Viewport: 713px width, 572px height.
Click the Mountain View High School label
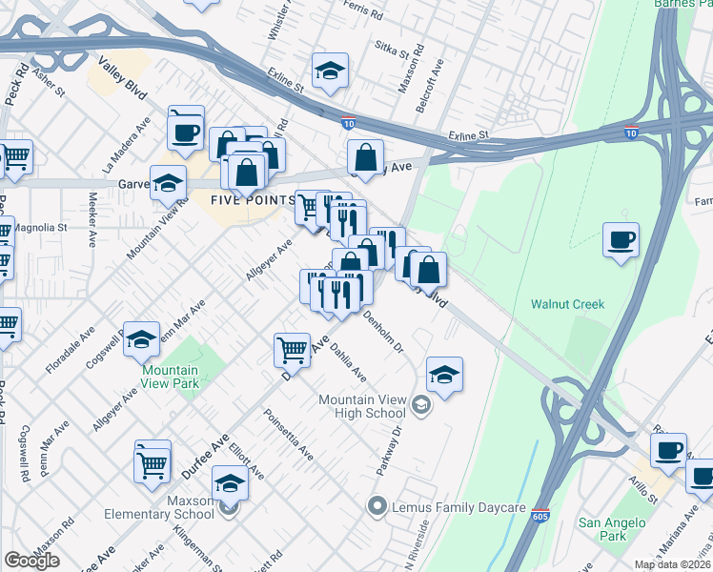point(362,406)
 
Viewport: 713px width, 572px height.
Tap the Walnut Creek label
point(568,304)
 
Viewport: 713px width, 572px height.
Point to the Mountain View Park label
point(170,377)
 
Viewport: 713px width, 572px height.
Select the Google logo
point(32,561)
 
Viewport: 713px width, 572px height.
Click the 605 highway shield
point(540,514)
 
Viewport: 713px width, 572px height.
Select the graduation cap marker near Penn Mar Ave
point(141,337)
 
